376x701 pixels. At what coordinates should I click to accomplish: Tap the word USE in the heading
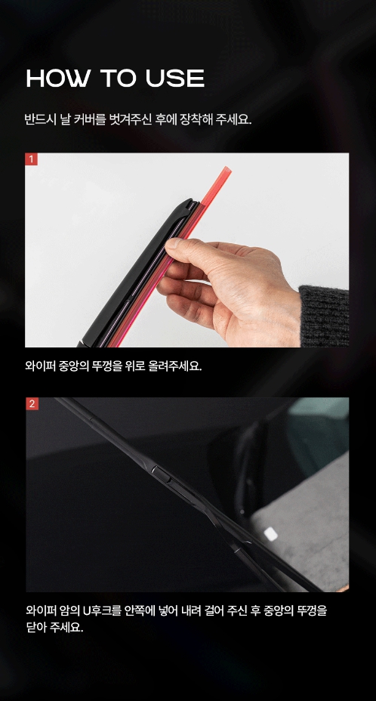[174, 79]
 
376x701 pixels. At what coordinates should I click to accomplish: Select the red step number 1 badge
[31, 159]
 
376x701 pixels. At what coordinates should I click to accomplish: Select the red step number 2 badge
[31, 403]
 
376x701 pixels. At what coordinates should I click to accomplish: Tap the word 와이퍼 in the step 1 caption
[41, 367]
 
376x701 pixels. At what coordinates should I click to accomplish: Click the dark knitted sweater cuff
[325, 316]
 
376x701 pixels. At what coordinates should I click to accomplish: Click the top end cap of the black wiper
[190, 204]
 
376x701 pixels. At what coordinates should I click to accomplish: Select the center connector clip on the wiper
[162, 474]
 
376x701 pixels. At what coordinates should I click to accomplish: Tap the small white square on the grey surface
[270, 534]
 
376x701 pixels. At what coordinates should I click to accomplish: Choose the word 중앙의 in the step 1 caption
[73, 367]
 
